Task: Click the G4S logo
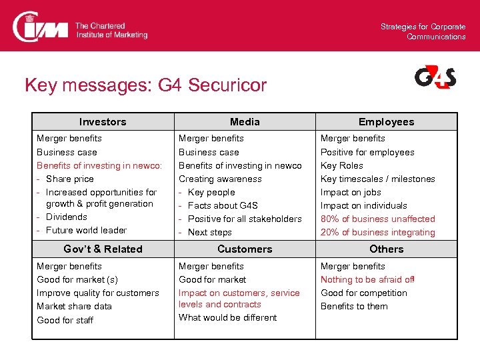point(435,77)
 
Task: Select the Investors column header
point(103,122)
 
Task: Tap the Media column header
point(245,122)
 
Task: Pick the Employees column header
point(386,122)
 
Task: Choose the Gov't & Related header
point(103,249)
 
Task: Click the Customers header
point(245,249)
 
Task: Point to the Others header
point(386,249)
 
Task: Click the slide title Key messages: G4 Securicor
point(145,85)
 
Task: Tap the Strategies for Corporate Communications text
point(423,31)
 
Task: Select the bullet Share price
point(70,179)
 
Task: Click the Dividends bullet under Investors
point(67,217)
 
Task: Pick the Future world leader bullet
point(86,230)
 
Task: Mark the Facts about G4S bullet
point(223,205)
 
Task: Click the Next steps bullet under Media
point(210,232)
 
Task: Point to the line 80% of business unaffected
point(377,219)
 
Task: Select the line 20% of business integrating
point(377,232)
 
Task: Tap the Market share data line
point(74,306)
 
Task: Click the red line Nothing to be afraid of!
point(367,279)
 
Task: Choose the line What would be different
point(227,317)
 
